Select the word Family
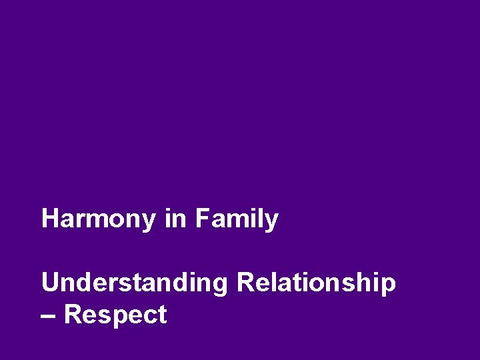(x=237, y=219)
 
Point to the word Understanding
(x=134, y=283)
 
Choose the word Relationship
(x=316, y=283)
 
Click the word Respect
(x=116, y=315)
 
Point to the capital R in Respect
(x=73, y=315)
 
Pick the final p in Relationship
(x=388, y=285)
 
